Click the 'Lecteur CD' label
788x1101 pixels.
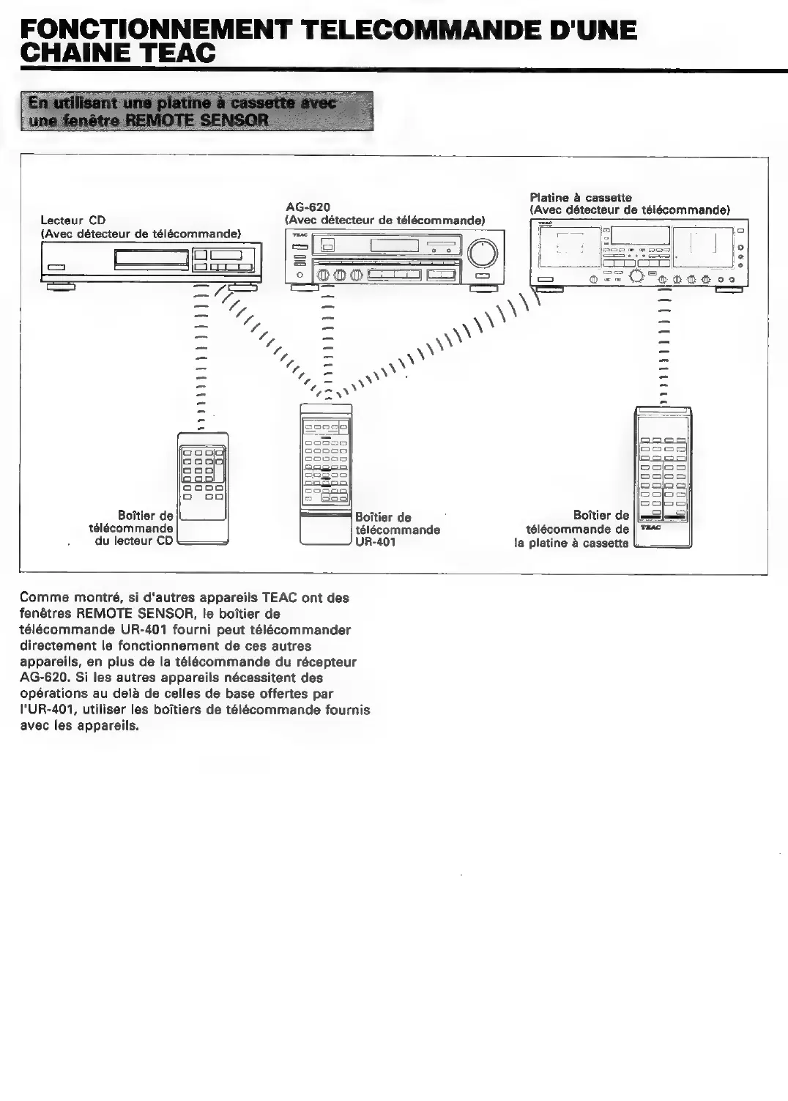[x=73, y=220]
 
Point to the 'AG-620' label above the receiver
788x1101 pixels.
[x=308, y=207]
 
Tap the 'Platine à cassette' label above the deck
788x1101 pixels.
[x=580, y=198]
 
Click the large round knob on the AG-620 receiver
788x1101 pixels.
[x=483, y=253]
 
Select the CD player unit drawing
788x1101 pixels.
[x=150, y=263]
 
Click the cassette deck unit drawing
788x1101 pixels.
[x=637, y=256]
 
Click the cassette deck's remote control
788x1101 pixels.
[x=663, y=476]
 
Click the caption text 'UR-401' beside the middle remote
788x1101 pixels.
[x=375, y=542]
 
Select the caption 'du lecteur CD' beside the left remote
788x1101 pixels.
[x=134, y=541]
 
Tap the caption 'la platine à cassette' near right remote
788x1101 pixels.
[x=571, y=543]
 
